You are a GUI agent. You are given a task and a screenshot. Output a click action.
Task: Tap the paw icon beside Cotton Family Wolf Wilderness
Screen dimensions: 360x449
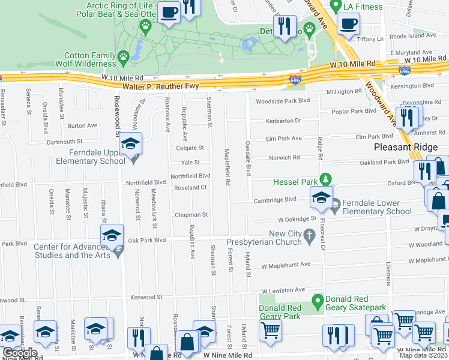123,58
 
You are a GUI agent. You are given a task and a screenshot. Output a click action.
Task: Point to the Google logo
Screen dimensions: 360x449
19,353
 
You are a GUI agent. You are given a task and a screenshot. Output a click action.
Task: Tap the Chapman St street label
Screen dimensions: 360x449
191,214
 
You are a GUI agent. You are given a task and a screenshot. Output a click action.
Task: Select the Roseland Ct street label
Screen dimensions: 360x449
190,187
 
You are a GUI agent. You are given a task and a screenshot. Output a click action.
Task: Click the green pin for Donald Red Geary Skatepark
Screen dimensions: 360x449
317,300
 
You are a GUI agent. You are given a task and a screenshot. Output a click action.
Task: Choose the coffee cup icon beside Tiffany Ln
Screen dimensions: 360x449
348,23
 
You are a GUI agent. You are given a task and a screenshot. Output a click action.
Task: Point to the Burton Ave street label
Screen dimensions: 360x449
82,125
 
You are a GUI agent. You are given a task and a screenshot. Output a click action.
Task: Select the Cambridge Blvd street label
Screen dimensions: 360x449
275,200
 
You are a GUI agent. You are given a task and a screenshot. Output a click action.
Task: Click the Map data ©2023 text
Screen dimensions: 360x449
423,355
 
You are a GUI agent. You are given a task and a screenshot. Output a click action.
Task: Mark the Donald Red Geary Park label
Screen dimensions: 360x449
279,312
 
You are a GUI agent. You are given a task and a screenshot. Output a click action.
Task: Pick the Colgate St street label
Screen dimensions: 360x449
190,148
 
